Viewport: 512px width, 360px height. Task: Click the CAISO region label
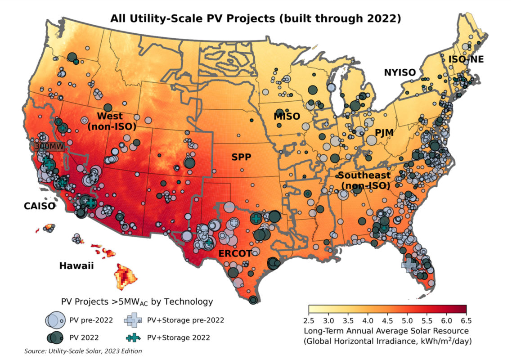(40, 207)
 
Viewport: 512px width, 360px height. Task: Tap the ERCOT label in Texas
(235, 254)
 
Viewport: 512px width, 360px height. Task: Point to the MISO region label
(287, 117)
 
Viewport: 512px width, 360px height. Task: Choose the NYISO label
(400, 72)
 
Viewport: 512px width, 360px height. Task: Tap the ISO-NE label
(466, 59)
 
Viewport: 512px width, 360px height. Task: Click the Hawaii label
(76, 266)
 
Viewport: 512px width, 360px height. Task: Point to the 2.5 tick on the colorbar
(309, 321)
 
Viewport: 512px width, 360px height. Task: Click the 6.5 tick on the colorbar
(466, 321)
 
